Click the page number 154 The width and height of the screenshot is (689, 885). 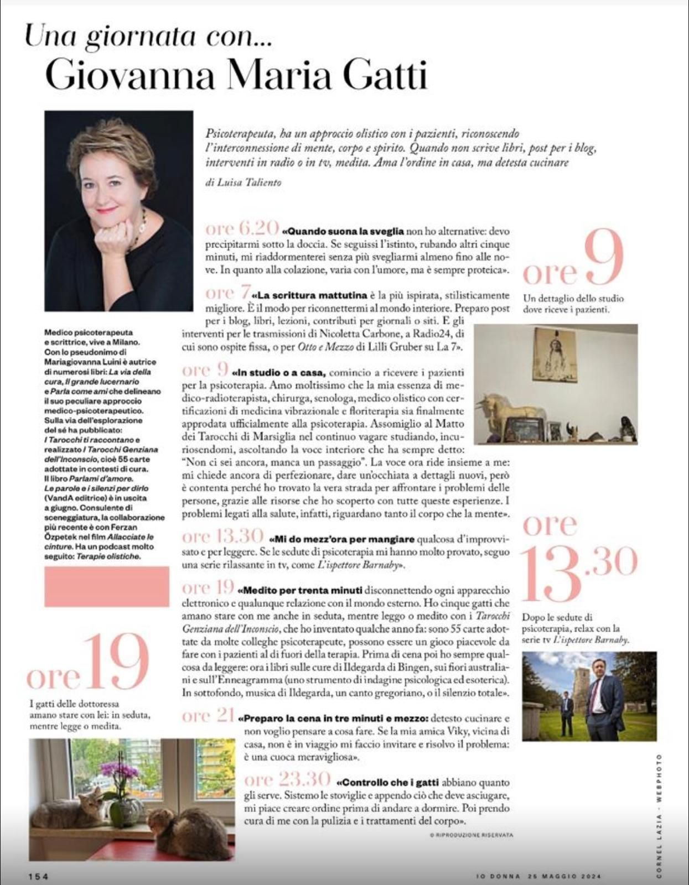coord(39,876)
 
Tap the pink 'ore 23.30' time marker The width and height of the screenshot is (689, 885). coord(288,779)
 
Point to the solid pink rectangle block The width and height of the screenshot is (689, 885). coord(106,587)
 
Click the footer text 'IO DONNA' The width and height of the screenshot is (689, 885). coord(495,876)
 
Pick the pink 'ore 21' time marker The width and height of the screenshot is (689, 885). coord(208,716)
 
